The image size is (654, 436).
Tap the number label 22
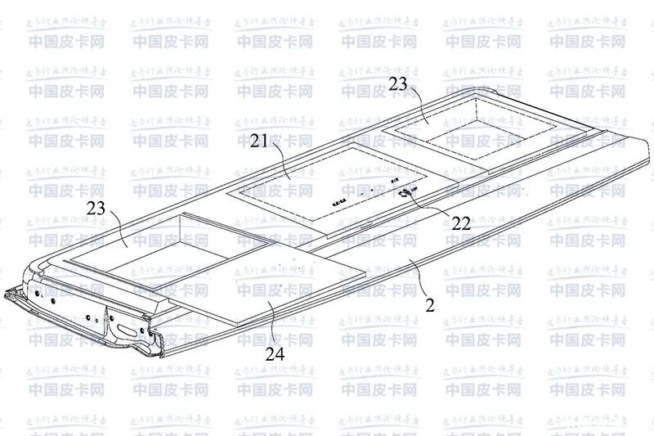click(461, 222)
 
